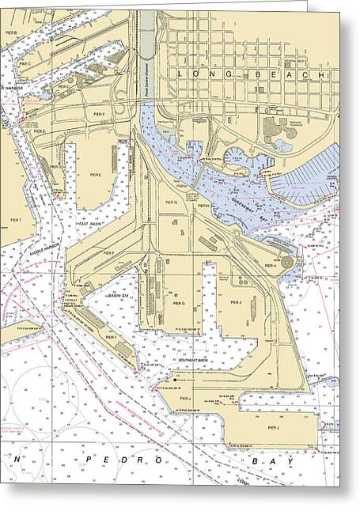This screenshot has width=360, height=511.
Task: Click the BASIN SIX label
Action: point(119,294)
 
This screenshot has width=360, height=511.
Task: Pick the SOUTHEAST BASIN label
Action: point(195,359)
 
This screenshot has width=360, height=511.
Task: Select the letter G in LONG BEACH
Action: point(227,73)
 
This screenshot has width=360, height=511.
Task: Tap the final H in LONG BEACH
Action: point(323,73)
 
